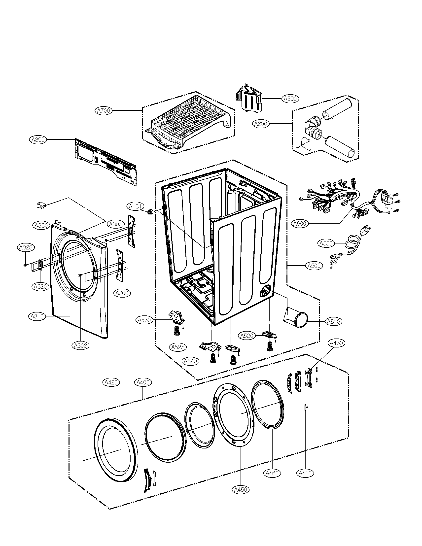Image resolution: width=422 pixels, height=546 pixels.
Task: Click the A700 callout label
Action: tap(104, 110)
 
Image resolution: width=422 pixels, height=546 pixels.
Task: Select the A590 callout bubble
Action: tap(290, 99)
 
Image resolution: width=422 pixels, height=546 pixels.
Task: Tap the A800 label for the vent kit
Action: tap(260, 124)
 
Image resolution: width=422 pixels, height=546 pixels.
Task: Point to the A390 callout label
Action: tap(38, 140)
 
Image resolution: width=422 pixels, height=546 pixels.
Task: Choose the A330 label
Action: tap(41, 226)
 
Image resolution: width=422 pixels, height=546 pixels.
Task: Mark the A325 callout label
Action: tap(26, 247)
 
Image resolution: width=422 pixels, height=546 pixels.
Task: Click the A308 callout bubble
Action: tap(80, 346)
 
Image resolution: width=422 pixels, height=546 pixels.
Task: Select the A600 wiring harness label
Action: tap(300, 223)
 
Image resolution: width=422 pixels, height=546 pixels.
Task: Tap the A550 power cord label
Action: tap(326, 243)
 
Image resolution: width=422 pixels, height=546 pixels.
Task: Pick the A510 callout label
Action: tap(333, 321)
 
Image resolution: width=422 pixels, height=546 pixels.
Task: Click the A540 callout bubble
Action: tap(190, 361)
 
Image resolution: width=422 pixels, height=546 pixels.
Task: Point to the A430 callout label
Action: tap(336, 343)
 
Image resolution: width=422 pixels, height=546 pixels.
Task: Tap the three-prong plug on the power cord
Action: tap(366, 230)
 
